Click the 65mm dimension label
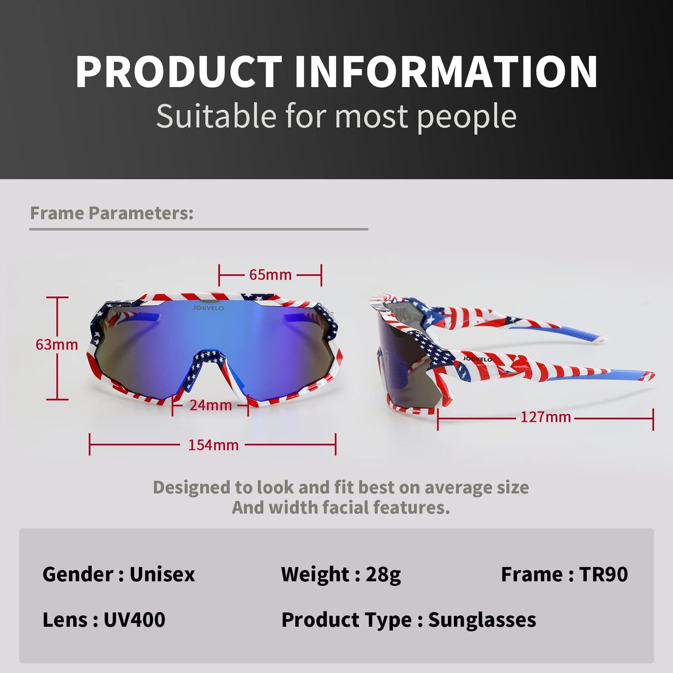(270, 275)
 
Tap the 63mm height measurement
(56, 345)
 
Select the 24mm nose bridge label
(211, 405)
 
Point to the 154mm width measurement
(213, 445)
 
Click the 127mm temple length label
(545, 417)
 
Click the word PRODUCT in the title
(178, 72)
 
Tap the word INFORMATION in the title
(446, 72)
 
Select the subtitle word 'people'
(467, 117)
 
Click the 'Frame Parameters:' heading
(112, 213)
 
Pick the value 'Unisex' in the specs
(163, 575)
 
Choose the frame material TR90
(604, 575)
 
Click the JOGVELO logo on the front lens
(209, 308)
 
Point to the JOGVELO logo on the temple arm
(477, 359)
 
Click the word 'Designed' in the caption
(191, 488)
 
